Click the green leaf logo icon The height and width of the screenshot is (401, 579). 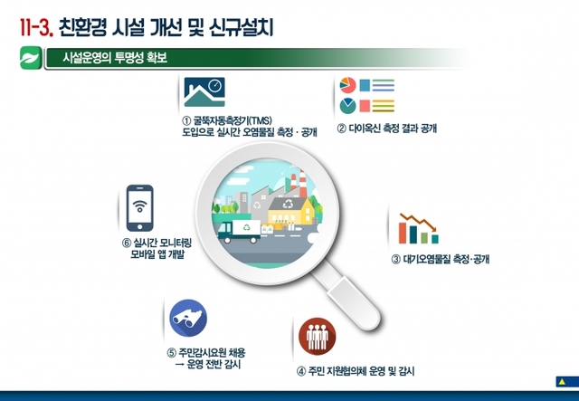point(31,57)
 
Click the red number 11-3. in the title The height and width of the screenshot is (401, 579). point(36,28)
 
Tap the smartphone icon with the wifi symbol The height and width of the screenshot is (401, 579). point(140,208)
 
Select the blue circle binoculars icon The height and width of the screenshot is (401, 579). point(188,318)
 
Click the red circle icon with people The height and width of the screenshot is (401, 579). point(318,337)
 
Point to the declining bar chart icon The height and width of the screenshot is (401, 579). point(419,228)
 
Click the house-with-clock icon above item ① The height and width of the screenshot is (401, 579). point(204,91)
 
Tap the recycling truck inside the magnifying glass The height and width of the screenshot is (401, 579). point(239,232)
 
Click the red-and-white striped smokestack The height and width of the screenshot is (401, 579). point(302,184)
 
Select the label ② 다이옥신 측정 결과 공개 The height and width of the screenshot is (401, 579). point(387,129)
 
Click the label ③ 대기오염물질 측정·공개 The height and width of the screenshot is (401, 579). point(441,259)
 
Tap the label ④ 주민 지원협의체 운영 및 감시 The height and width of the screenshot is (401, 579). point(356,371)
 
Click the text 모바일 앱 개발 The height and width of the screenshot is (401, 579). point(157,254)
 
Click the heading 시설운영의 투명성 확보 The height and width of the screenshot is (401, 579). point(115,58)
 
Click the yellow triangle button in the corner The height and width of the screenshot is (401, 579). point(562,381)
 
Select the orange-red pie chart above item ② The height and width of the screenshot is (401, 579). point(347,85)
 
